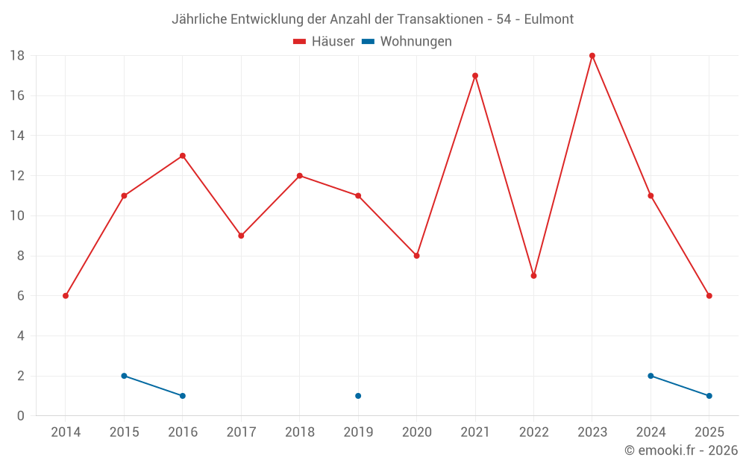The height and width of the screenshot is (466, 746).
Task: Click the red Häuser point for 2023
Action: coord(592,56)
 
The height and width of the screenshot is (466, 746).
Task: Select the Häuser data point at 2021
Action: coord(475,75)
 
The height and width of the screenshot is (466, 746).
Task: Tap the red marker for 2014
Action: coord(66,296)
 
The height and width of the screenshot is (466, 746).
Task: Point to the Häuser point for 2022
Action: coord(533,276)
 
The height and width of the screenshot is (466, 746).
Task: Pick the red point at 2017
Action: coord(241,236)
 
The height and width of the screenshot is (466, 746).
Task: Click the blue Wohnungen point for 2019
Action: coord(358,396)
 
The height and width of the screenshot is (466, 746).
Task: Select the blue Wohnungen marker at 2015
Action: coord(124,376)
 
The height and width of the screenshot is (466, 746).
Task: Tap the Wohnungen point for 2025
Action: coord(709,396)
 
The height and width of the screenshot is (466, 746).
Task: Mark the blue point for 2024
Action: coord(651,376)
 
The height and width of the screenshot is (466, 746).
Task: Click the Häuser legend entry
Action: coord(324,42)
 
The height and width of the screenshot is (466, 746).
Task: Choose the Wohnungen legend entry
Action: coord(407,42)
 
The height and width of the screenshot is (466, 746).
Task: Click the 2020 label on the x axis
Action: coord(417,432)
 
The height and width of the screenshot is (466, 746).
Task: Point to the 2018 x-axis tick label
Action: coord(300,432)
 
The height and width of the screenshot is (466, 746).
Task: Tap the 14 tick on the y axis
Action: coord(17,136)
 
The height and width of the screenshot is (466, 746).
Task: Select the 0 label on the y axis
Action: coord(21,416)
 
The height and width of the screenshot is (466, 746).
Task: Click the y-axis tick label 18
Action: coord(17,56)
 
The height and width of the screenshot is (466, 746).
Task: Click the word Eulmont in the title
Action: coord(549,19)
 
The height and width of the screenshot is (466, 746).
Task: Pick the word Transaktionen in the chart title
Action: coord(439,19)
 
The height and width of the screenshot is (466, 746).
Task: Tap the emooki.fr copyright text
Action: coord(681,450)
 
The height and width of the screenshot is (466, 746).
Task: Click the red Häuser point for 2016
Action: coord(182,156)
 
